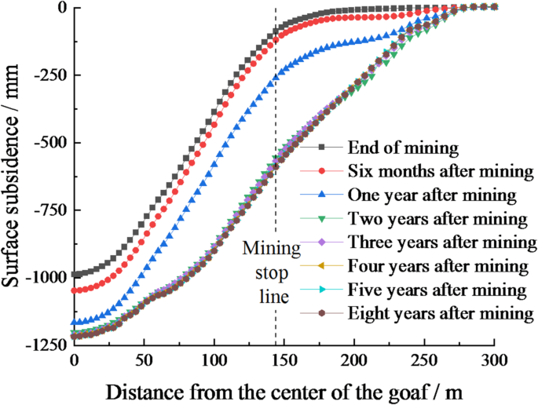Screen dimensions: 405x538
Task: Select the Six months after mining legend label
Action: [x=429, y=170]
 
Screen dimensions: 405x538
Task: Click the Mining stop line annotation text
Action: [x=271, y=274]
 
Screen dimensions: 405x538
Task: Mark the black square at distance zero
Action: [x=75, y=275]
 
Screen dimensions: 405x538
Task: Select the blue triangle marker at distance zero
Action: [x=75, y=322]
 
